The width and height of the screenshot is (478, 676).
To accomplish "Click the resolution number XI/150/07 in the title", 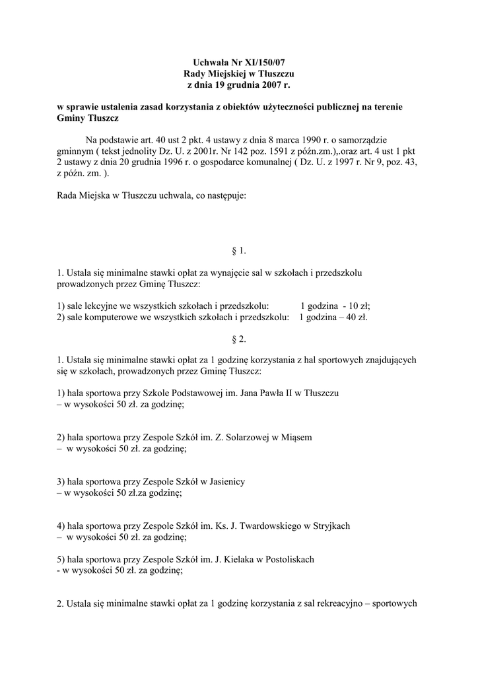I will pos(263,61).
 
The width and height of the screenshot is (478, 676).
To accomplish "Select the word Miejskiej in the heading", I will pos(226,73).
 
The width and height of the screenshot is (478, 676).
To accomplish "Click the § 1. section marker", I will pos(238,250).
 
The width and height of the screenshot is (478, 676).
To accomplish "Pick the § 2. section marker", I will pos(238,339).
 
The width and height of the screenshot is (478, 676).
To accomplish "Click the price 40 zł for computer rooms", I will pos(357,317).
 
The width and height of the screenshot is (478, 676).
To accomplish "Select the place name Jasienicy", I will pos(224,482).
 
